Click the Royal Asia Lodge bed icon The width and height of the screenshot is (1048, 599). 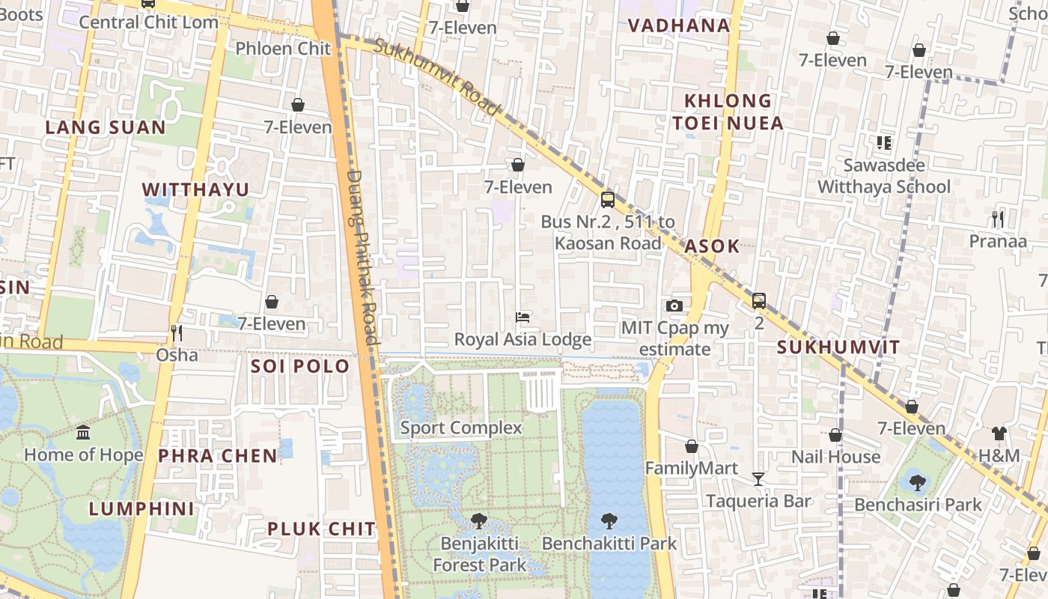[523, 317]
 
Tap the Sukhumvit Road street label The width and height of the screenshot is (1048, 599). [436, 77]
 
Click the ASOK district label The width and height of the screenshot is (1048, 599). [712, 246]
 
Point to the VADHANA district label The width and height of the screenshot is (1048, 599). [679, 25]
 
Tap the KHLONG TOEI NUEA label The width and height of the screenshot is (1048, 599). [728, 112]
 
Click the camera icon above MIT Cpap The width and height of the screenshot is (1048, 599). [674, 305]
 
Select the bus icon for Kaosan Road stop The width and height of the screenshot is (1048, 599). [608, 200]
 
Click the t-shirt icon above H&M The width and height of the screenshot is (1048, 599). [999, 434]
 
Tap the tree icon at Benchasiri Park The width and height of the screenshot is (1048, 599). [917, 483]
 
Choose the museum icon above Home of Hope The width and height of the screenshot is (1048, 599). [83, 433]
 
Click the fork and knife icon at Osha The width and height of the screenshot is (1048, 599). [177, 332]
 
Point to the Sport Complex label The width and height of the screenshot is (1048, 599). [461, 428]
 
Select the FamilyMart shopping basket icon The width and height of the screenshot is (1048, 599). [692, 446]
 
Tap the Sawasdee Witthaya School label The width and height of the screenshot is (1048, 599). [884, 176]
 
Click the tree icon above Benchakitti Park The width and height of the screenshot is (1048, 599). [609, 521]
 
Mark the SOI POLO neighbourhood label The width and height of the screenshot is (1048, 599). [300, 366]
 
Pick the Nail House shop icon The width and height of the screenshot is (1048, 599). [835, 435]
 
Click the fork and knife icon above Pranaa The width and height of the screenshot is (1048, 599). [997, 219]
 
